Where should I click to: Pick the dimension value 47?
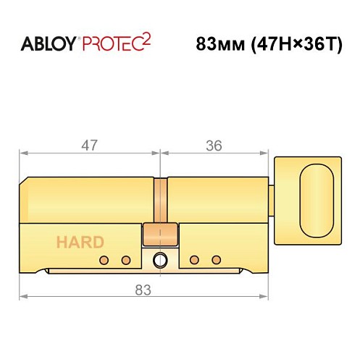[x=88, y=144]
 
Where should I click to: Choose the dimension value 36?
[x=213, y=144]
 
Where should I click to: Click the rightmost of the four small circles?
[x=215, y=259]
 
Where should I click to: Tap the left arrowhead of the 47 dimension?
[x=22, y=153]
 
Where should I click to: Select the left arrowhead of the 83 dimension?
[x=22, y=297]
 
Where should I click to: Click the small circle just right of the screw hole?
[x=193, y=259]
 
